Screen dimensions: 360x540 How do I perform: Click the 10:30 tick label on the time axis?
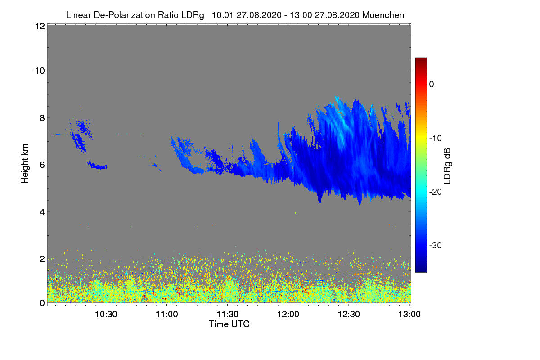pyautogui.click(x=106, y=315)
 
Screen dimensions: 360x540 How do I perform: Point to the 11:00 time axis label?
pyautogui.click(x=167, y=315)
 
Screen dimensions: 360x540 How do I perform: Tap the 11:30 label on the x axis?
pyautogui.click(x=228, y=315)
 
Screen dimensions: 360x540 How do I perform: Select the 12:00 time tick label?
pyautogui.click(x=288, y=315)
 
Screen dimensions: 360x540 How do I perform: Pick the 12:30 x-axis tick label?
pyautogui.click(x=349, y=315)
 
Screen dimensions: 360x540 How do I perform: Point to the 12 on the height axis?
pyautogui.click(x=39, y=26)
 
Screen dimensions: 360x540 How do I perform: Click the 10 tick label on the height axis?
pyautogui.click(x=39, y=71)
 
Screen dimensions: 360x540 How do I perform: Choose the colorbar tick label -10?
pyautogui.click(x=438, y=138)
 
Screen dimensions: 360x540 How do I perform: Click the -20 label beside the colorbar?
pyautogui.click(x=438, y=192)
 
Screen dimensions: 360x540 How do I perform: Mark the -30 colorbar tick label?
pyautogui.click(x=438, y=246)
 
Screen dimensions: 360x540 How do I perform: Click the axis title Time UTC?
pyautogui.click(x=229, y=324)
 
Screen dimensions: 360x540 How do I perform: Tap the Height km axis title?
pyautogui.click(x=25, y=164)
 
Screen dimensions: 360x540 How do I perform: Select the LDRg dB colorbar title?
pyautogui.click(x=447, y=165)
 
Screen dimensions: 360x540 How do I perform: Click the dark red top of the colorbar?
pyautogui.click(x=421, y=60)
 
